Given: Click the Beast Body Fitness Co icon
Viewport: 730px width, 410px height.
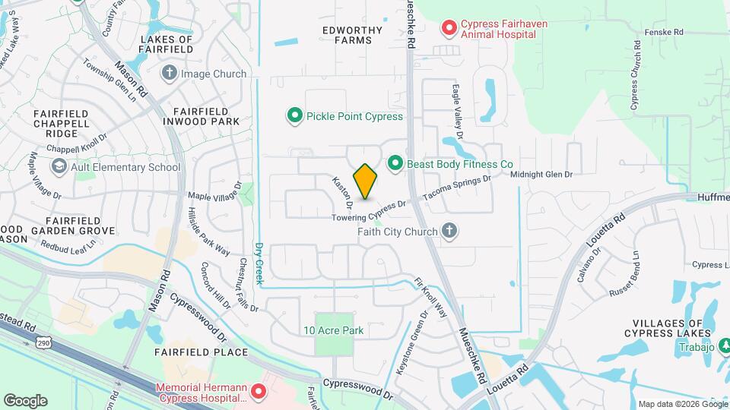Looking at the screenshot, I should click(x=395, y=163).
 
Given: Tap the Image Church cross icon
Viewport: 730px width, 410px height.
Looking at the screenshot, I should click(x=170, y=74).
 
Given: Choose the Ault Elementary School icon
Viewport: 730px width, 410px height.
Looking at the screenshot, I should click(x=59, y=167).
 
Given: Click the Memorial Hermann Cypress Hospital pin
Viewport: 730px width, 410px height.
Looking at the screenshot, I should click(x=259, y=392).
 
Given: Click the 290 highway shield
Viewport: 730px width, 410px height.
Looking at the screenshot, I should click(x=43, y=343).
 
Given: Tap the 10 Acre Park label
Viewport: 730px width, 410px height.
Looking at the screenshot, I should click(x=333, y=330).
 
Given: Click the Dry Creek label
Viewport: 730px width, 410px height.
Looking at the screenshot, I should click(x=259, y=263).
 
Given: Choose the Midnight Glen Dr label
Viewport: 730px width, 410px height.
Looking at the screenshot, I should click(x=541, y=175).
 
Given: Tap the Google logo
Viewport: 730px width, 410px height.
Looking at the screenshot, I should click(x=25, y=400).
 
